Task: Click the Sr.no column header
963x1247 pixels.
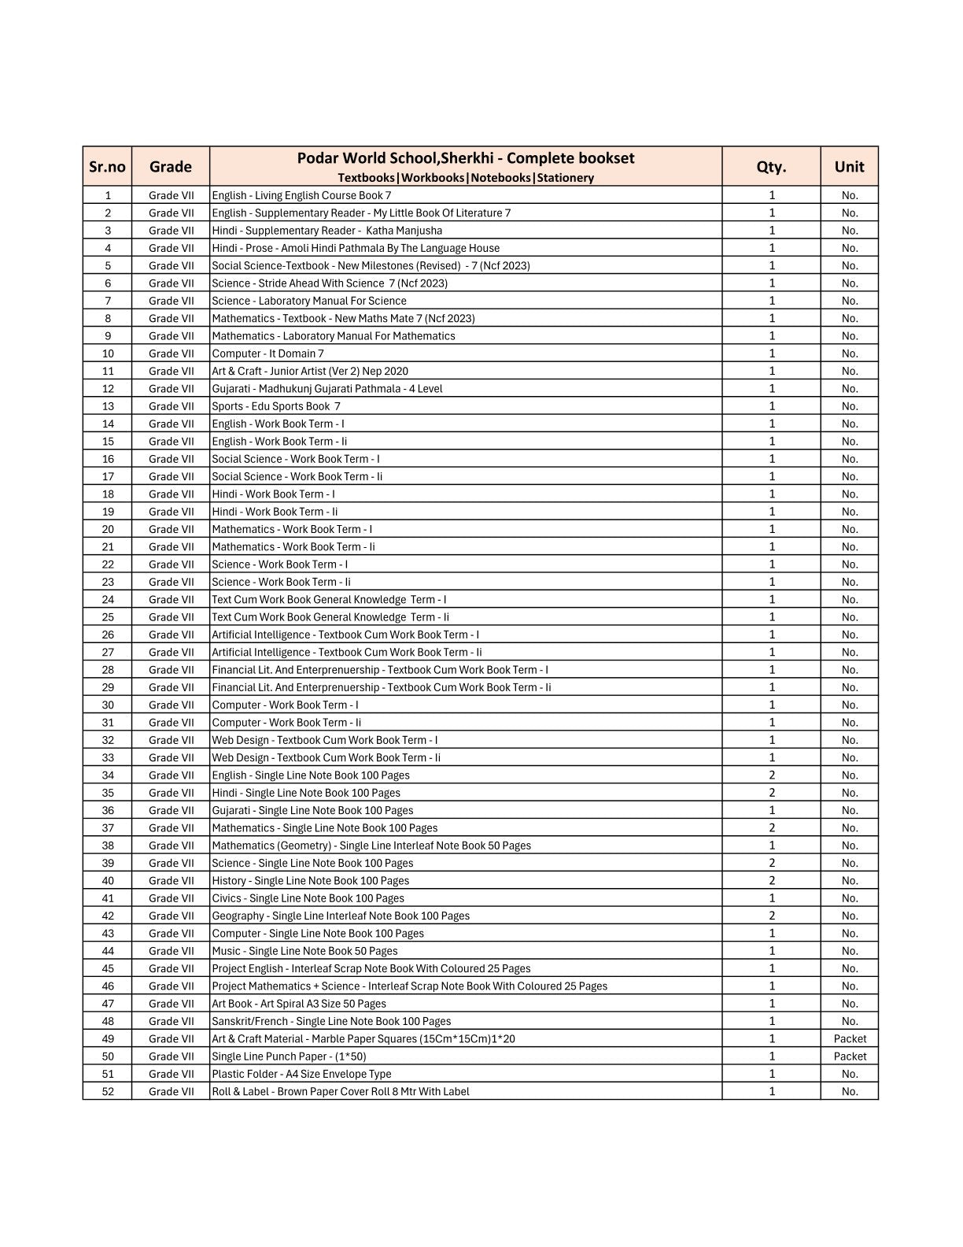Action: [x=107, y=166]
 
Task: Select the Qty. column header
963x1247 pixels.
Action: [x=771, y=166]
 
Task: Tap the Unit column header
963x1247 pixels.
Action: [x=849, y=166]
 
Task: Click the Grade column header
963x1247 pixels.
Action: [x=170, y=166]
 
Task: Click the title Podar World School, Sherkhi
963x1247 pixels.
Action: [x=465, y=158]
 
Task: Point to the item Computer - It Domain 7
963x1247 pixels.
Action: [x=267, y=353]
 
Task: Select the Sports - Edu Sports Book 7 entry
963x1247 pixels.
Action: [x=276, y=406]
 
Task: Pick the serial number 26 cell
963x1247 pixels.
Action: [x=108, y=635]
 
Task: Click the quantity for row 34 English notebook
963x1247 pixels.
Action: [x=772, y=775]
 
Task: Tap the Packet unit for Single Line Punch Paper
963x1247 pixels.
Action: [x=850, y=1056]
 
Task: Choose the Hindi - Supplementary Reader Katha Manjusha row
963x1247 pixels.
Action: [x=327, y=231]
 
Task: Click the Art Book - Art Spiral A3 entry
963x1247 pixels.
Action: [x=299, y=1004]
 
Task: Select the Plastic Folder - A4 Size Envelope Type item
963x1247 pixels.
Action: [x=301, y=1074]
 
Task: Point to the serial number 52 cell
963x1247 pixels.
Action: [x=108, y=1091]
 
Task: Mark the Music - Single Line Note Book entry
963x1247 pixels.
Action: [x=304, y=951]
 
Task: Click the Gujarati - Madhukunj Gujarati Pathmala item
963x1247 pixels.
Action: [x=327, y=389]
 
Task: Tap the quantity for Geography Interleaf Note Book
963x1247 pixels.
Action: [x=772, y=916]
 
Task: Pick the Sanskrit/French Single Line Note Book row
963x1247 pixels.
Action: [x=331, y=1021]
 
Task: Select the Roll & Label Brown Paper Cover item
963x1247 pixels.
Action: [x=340, y=1091]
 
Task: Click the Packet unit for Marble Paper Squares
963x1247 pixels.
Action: [x=850, y=1039]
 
